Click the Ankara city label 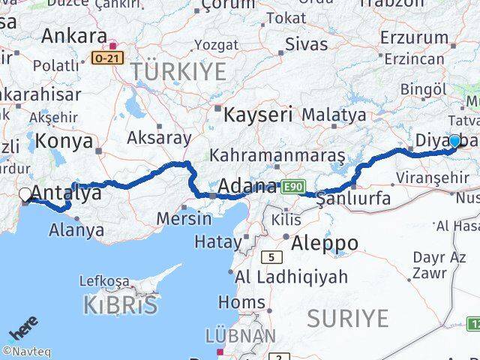tap(73, 35)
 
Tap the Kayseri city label tap(259, 115)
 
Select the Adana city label tap(247, 186)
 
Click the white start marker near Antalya tap(25, 195)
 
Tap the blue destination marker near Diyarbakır tap(454, 141)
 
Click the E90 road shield tap(293, 185)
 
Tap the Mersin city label tap(184, 219)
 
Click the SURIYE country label tap(347, 318)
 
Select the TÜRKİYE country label tap(178, 72)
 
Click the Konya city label tap(64, 140)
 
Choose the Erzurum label tap(413, 37)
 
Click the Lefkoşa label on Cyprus tap(104, 282)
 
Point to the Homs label tap(241, 302)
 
